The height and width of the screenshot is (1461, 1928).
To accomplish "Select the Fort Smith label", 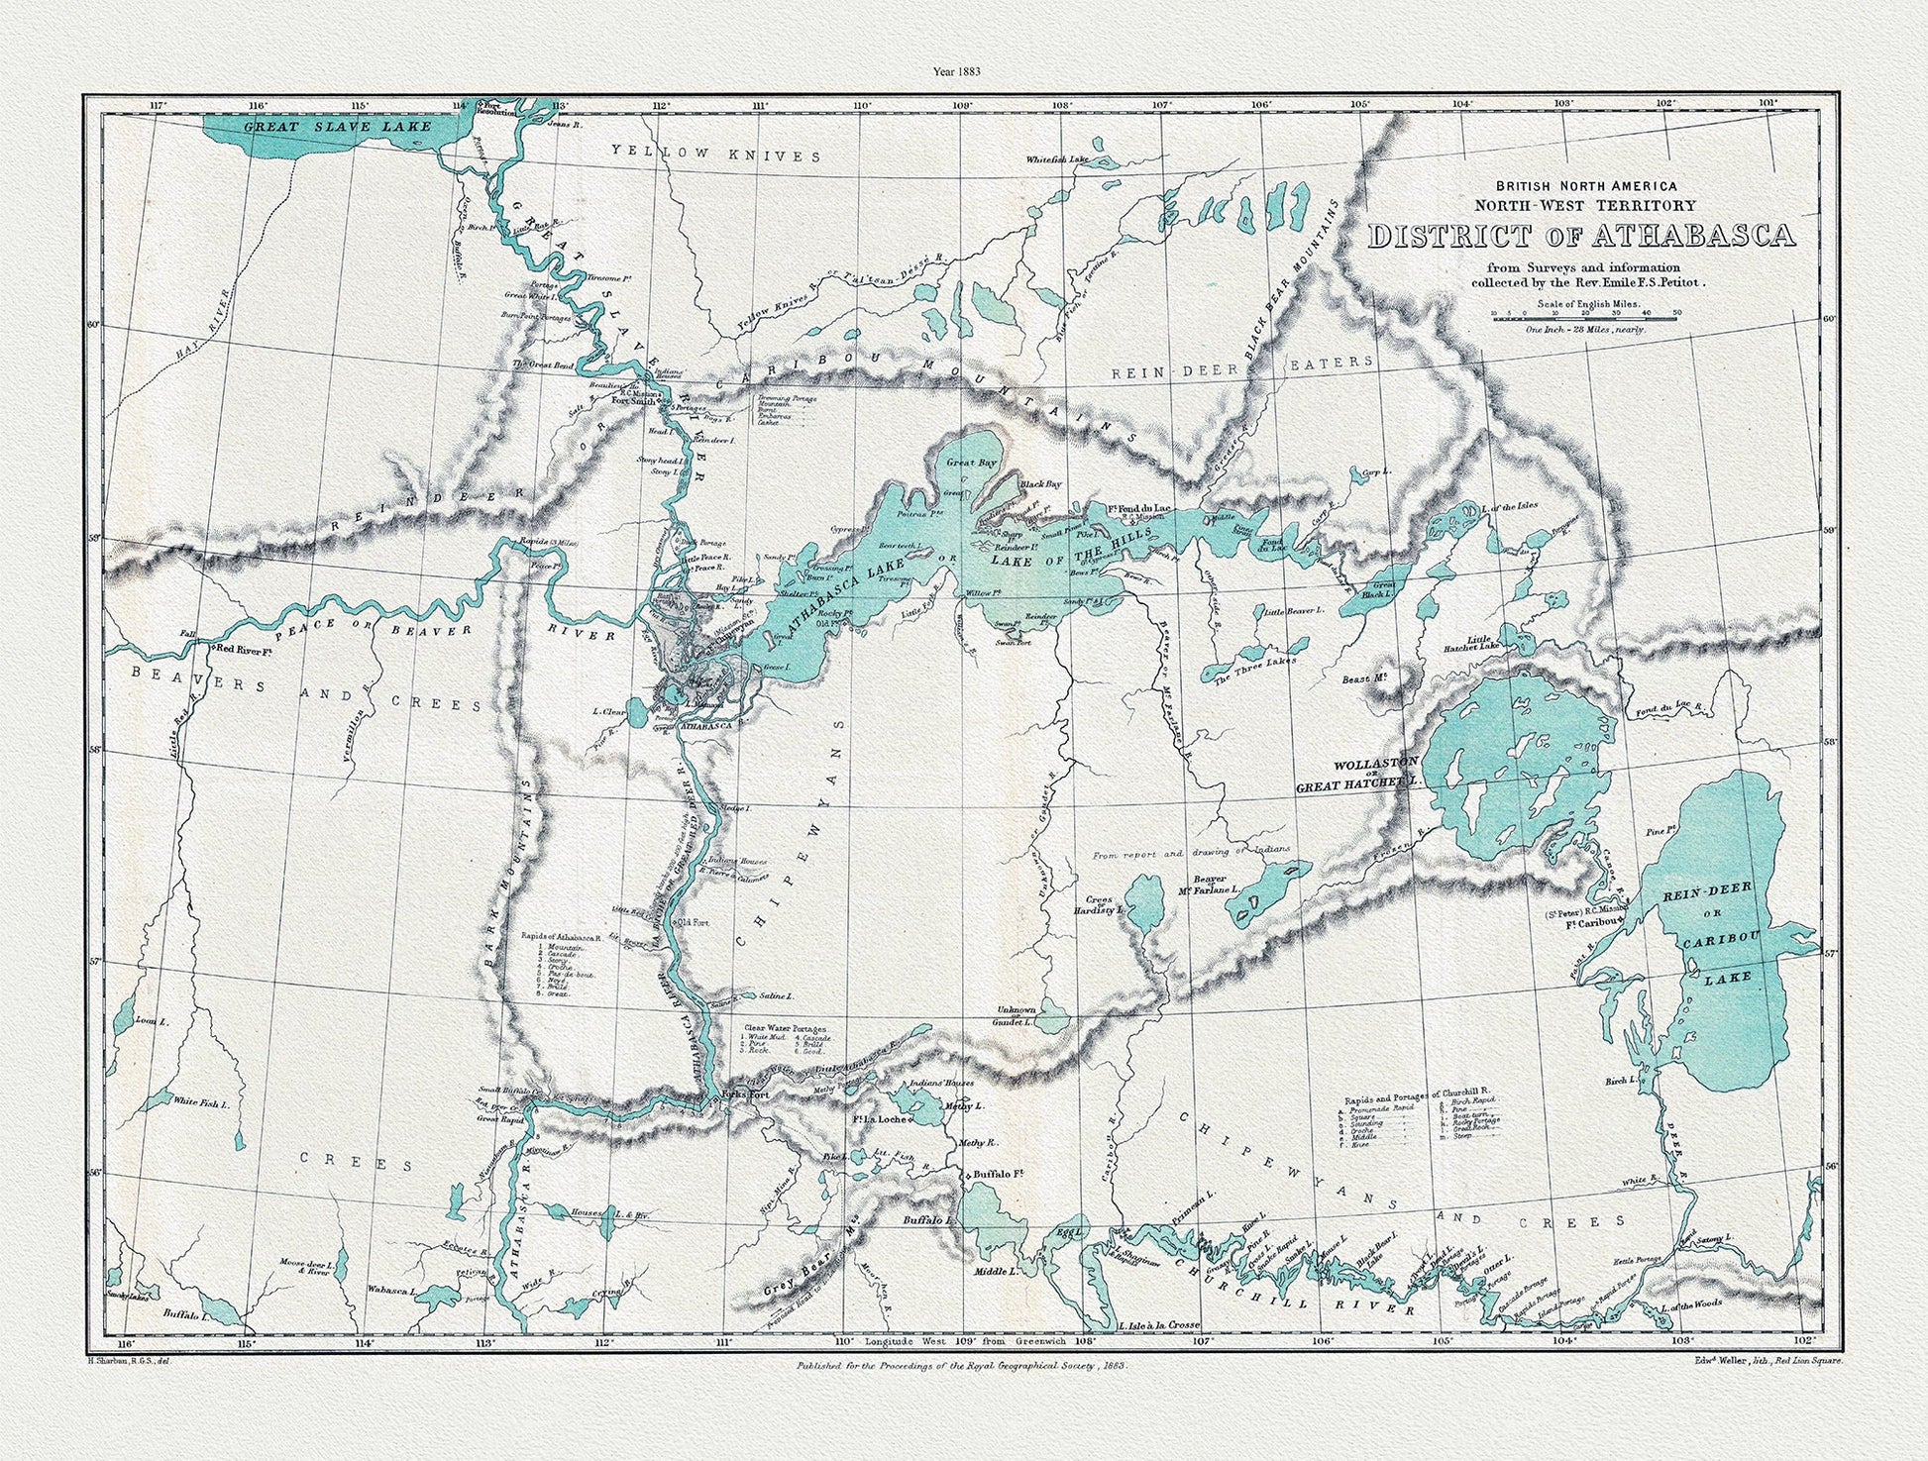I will (x=634, y=403).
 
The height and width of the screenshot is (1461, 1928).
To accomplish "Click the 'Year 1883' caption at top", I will (x=962, y=70).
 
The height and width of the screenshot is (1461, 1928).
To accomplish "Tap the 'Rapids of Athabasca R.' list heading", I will (x=562, y=935).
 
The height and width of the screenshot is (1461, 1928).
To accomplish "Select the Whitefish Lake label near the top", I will (x=1057, y=158).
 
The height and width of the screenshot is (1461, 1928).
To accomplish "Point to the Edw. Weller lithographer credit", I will (x=1767, y=1361).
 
